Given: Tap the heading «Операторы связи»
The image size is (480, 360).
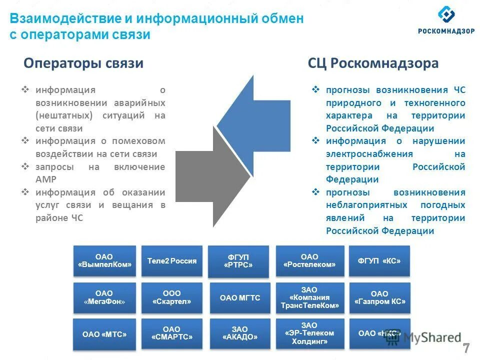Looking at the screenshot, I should (83, 63).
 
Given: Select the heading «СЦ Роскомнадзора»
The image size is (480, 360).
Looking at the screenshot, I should (373, 63).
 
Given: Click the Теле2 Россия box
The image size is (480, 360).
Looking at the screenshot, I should (172, 261).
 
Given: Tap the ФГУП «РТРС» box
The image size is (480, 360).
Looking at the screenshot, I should (239, 261).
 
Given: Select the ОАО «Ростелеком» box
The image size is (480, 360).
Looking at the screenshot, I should (309, 261).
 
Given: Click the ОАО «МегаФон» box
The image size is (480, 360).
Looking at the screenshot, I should (104, 297).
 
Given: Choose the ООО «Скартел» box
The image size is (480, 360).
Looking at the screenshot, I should (172, 297).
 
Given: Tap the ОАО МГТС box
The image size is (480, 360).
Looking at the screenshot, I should (240, 298).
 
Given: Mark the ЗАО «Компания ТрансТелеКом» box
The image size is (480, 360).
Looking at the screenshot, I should (309, 297).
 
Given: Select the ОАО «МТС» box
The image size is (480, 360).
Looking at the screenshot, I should (104, 334).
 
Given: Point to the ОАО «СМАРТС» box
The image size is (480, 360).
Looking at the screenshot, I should (172, 333).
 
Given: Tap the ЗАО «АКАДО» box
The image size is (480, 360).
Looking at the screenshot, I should (240, 333).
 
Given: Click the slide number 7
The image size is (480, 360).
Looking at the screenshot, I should (465, 348).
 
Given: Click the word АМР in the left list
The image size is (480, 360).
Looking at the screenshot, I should (46, 179).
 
